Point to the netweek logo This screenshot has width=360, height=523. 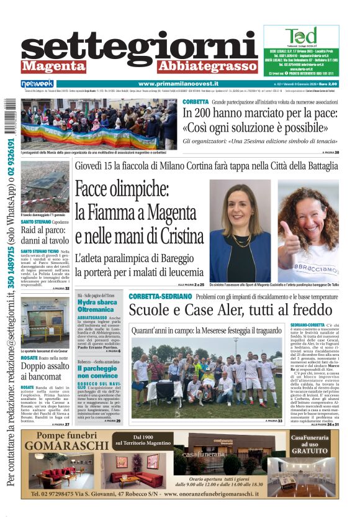(37, 83)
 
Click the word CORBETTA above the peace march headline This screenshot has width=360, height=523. (196, 102)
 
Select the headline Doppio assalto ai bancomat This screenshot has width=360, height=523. (43, 370)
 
